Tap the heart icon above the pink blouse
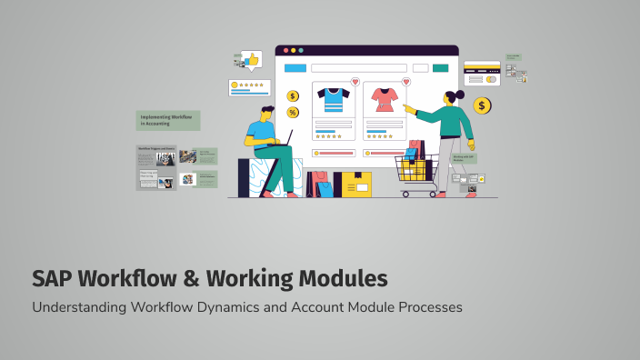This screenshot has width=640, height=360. (x=405, y=82)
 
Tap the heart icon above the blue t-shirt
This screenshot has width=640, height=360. (x=355, y=82)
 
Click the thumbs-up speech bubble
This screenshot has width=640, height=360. (x=250, y=59)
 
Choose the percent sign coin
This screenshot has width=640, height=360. (x=293, y=113)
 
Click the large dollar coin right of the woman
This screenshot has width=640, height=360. (x=482, y=106)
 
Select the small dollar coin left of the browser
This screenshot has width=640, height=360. (x=293, y=95)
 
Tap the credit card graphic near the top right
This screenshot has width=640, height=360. (x=482, y=72)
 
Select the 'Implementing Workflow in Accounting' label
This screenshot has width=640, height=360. (x=168, y=120)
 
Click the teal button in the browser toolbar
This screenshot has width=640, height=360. (x=441, y=67)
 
